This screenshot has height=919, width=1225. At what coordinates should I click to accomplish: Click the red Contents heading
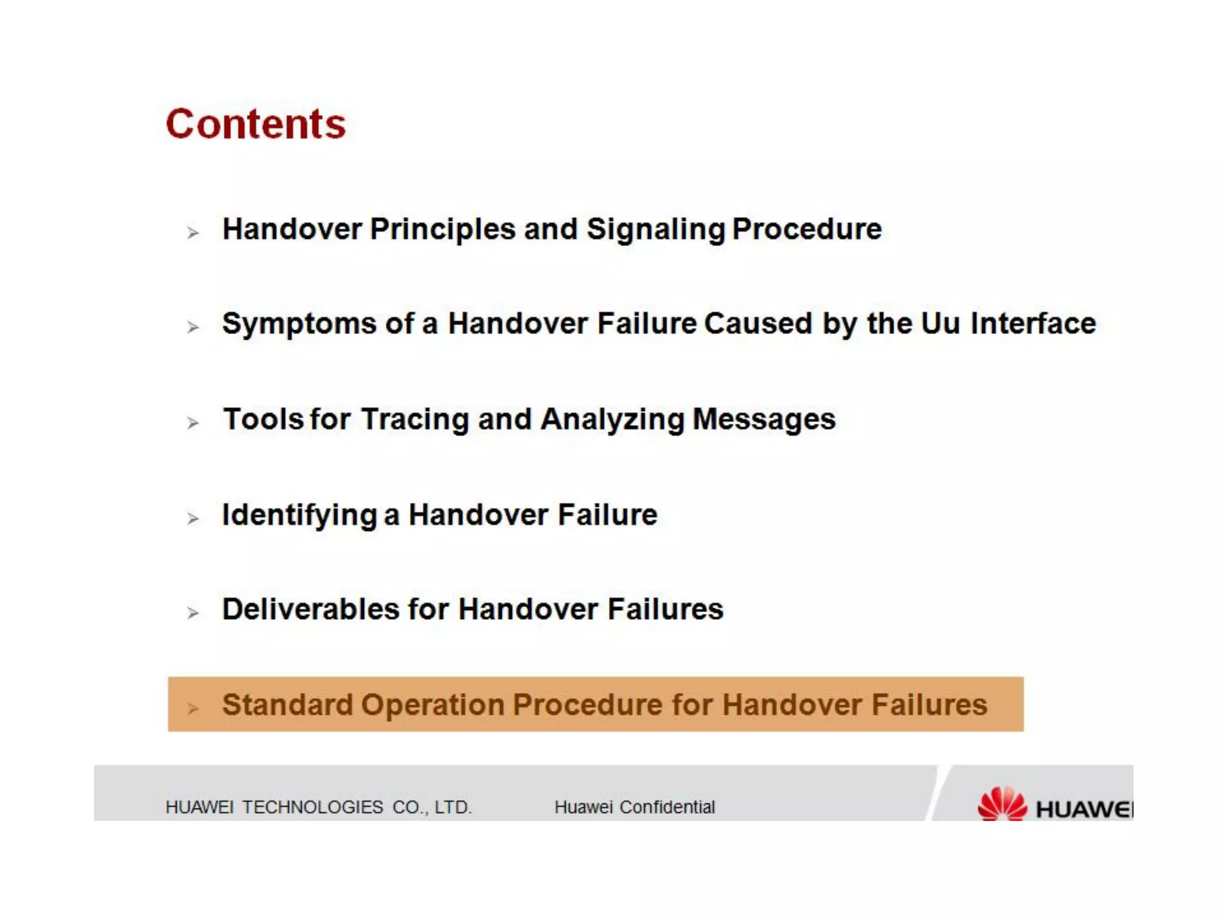(x=255, y=124)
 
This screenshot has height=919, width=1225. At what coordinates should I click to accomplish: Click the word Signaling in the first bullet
(x=656, y=230)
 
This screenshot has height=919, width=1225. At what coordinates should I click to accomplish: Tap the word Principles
(x=443, y=230)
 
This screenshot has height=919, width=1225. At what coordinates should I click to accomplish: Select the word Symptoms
(x=299, y=324)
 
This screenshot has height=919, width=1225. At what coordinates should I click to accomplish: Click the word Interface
(x=1033, y=324)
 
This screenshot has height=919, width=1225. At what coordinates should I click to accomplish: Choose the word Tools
(x=263, y=419)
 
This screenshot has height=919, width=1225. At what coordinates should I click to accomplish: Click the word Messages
(x=764, y=419)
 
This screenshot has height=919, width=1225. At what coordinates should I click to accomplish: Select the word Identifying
(x=299, y=515)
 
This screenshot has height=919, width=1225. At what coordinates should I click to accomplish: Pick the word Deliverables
(x=310, y=610)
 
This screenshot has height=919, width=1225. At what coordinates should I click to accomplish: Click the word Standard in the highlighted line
(x=287, y=705)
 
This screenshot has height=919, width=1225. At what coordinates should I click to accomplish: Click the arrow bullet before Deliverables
(x=193, y=613)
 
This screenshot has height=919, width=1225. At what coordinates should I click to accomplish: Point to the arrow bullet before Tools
(x=193, y=423)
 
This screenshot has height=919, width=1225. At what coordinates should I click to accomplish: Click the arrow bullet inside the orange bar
(x=193, y=708)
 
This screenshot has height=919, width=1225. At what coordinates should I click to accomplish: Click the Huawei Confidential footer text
(x=634, y=807)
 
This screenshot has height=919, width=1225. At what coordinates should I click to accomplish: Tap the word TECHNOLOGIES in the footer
(x=312, y=807)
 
